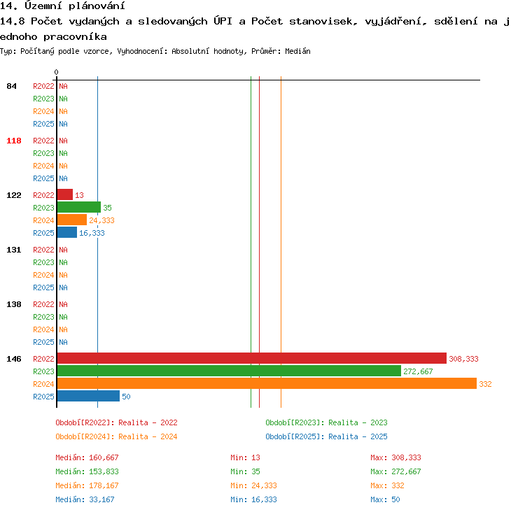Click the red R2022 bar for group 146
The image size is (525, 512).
click(252, 358)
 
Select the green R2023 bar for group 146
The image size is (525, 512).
click(229, 371)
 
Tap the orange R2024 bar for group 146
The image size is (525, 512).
click(267, 383)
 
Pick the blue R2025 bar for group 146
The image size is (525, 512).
click(88, 396)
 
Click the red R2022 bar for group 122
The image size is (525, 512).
click(65, 194)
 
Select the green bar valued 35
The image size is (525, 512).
click(79, 207)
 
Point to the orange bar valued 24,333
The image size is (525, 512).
click(72, 220)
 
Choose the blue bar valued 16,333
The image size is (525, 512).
click(67, 232)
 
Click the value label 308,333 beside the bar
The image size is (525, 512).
click(463, 359)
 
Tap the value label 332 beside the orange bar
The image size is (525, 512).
click(485, 384)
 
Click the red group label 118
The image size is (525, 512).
click(14, 141)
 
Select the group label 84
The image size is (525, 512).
click(11, 86)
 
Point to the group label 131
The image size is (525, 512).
click(14, 250)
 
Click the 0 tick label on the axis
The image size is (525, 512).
click(56, 72)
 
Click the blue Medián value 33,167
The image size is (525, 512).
click(101, 499)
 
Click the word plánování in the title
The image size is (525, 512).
click(97, 6)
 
